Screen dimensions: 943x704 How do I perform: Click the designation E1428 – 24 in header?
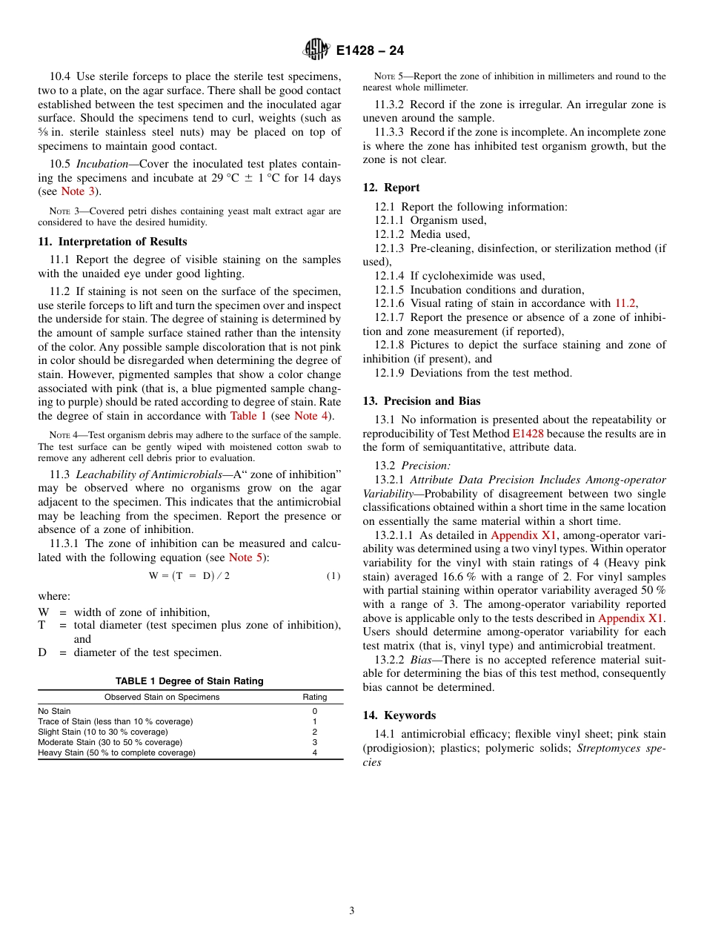pyautogui.click(x=369, y=51)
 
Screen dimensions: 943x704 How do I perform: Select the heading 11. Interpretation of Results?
pyautogui.click(x=113, y=242)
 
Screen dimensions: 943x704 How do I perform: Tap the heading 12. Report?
pyautogui.click(x=391, y=188)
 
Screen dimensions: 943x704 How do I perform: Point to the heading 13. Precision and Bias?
pyautogui.click(x=422, y=401)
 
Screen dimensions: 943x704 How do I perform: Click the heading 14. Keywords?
pyautogui.click(x=399, y=715)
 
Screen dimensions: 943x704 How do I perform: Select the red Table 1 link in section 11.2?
pyautogui.click(x=248, y=416)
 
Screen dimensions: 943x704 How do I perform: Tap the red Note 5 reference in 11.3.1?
pyautogui.click(x=245, y=557)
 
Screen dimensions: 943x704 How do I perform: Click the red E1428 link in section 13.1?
pyautogui.click(x=528, y=434)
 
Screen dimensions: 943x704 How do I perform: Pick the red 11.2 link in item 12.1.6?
pyautogui.click(x=625, y=303)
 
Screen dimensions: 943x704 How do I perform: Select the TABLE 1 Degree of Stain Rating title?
pyautogui.click(x=190, y=681)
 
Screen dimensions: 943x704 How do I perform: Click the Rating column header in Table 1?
pyautogui.click(x=314, y=698)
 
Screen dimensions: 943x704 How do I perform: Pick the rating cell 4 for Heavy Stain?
pyautogui.click(x=314, y=752)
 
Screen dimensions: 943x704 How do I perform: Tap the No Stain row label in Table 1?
pyautogui.click(x=55, y=711)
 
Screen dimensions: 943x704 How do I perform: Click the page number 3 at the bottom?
pyautogui.click(x=351, y=910)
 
